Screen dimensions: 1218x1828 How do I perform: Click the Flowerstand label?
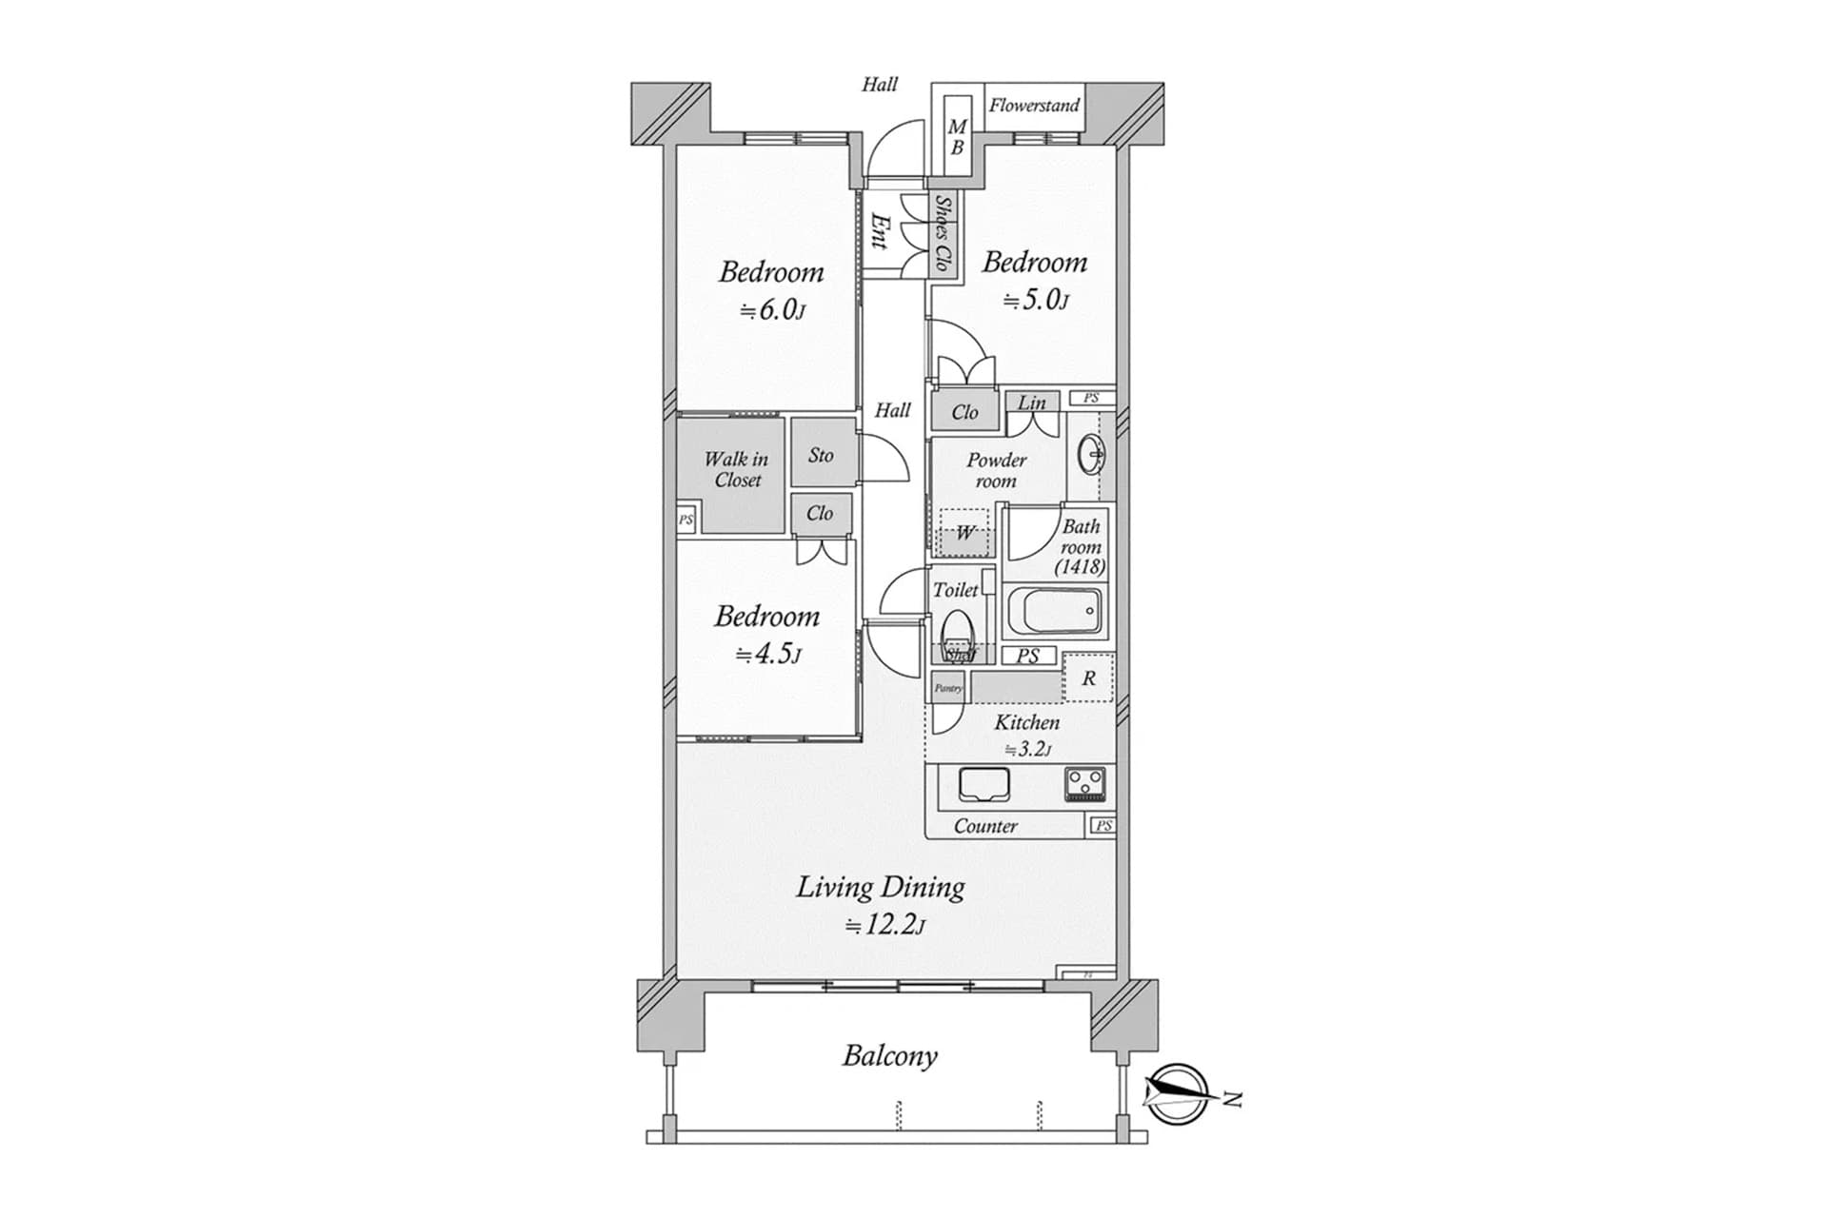[1033, 106]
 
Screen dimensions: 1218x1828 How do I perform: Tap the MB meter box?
[957, 137]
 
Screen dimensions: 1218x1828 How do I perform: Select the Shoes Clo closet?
[942, 233]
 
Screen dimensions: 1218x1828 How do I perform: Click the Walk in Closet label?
[735, 469]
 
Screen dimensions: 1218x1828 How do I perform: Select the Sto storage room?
[821, 455]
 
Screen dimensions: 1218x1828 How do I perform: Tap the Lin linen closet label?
[1032, 403]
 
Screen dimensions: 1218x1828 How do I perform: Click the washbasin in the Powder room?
[1092, 455]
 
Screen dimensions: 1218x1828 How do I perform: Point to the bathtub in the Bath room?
[1055, 610]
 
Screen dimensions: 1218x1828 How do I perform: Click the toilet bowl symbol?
[958, 630]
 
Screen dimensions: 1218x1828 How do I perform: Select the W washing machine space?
[965, 533]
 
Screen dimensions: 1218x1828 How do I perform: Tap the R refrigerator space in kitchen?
[1088, 678]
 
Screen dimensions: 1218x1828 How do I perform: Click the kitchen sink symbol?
[984, 784]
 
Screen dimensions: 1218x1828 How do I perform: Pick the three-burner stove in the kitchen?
[1085, 784]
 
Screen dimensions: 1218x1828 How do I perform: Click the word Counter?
[985, 826]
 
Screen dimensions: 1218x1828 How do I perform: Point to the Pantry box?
[947, 688]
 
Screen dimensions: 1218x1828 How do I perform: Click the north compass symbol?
[1177, 1095]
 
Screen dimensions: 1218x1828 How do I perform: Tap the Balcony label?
[889, 1055]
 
